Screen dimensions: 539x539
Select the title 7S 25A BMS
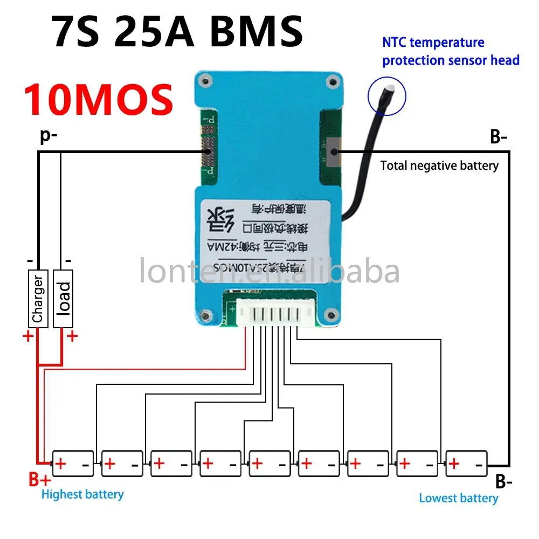(x=178, y=31)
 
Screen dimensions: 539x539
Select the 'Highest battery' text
(x=82, y=494)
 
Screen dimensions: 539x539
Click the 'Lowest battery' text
(x=458, y=498)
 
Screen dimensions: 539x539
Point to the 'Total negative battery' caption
(x=439, y=165)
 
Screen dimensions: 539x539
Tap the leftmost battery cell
(x=72, y=464)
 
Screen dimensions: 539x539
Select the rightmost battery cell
(x=467, y=464)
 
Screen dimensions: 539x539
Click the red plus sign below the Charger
(x=27, y=337)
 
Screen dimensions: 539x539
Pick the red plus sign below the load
(x=72, y=337)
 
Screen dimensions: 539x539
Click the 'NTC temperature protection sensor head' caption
(x=451, y=51)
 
